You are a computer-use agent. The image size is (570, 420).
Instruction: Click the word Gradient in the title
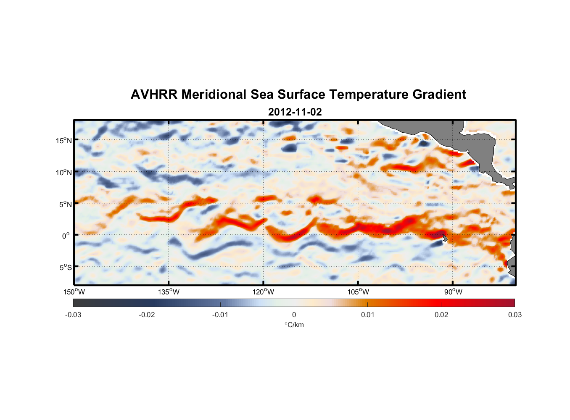click(x=439, y=94)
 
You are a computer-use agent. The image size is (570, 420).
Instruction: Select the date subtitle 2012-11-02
click(x=295, y=112)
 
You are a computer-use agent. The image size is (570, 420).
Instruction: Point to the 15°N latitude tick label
click(x=64, y=140)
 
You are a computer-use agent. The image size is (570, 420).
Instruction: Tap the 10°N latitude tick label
click(x=64, y=172)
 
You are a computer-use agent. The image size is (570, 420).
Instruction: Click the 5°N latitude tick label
click(x=65, y=204)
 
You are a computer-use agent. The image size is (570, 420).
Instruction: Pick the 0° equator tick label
click(x=66, y=236)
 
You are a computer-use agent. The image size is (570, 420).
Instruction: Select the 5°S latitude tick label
click(x=65, y=268)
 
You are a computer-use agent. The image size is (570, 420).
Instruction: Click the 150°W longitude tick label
click(x=74, y=292)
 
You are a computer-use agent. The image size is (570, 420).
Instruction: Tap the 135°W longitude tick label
click(x=169, y=292)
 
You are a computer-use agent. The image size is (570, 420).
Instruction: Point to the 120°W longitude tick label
click(x=263, y=292)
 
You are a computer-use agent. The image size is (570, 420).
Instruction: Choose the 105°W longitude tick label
click(x=358, y=292)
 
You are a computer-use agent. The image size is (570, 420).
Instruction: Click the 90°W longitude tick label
click(x=453, y=292)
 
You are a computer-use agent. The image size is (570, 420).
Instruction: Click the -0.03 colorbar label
click(x=73, y=315)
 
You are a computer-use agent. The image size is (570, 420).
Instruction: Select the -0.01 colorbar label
click(x=220, y=315)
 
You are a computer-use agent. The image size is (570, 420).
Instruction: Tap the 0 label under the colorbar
click(x=294, y=315)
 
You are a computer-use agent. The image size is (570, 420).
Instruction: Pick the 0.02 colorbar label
click(x=441, y=315)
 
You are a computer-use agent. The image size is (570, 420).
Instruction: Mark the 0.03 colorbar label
click(x=515, y=315)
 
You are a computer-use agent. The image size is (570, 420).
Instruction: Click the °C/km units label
click(x=294, y=325)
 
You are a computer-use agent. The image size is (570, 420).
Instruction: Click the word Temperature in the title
click(x=369, y=94)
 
